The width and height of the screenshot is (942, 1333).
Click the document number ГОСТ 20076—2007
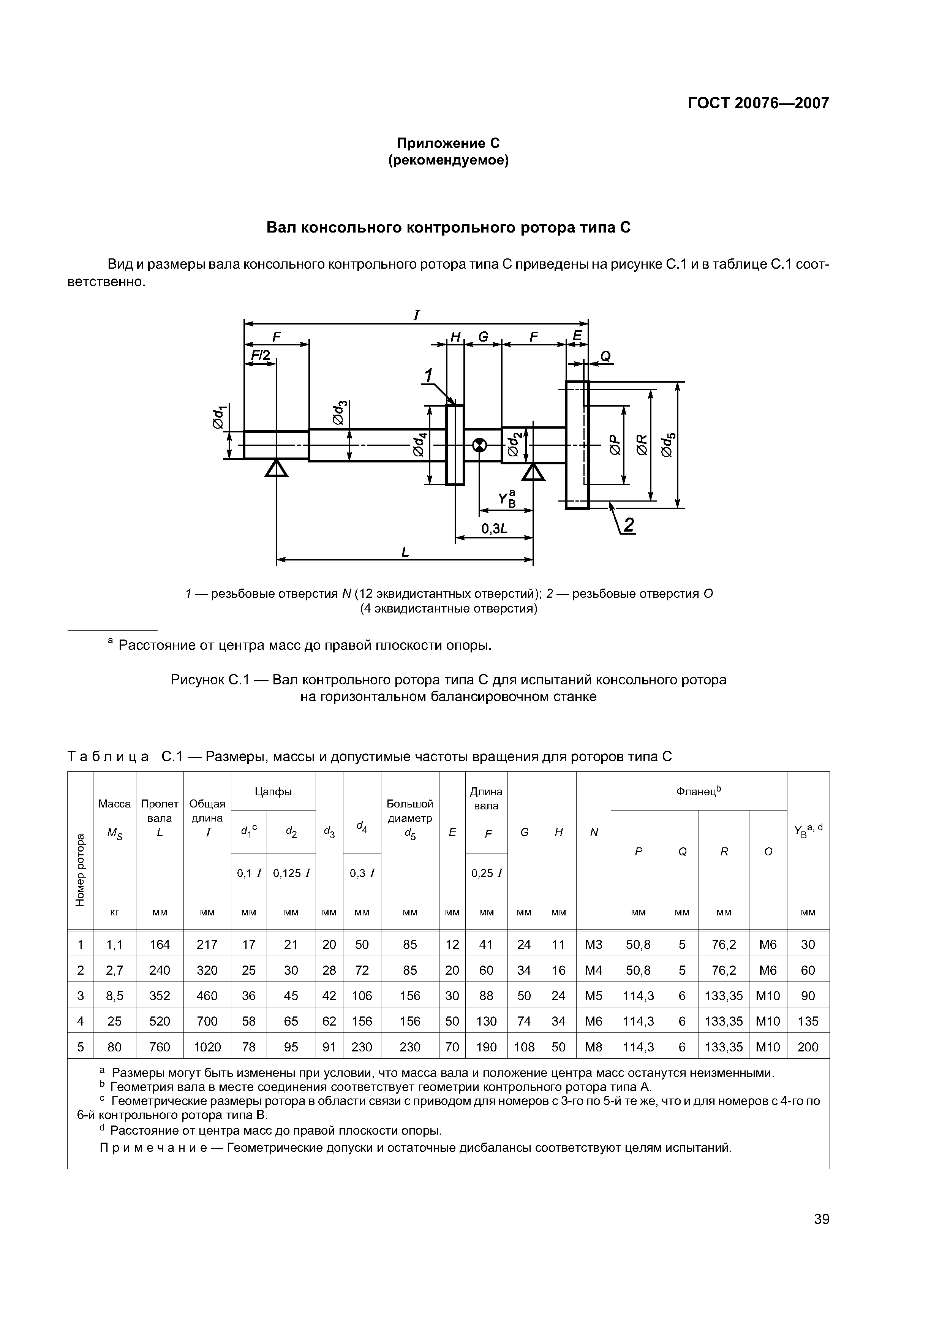click(x=758, y=103)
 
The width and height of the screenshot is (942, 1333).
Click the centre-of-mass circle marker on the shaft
click(x=479, y=445)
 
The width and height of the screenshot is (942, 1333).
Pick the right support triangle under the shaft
click(x=533, y=473)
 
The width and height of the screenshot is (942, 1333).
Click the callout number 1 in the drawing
click(x=428, y=376)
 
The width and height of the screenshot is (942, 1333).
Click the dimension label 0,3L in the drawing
click(x=495, y=528)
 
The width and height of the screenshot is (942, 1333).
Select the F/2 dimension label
click(x=261, y=355)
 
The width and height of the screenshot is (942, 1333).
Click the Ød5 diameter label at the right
click(x=668, y=445)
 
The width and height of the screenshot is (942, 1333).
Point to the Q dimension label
click(x=605, y=356)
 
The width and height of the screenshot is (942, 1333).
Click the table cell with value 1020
click(x=207, y=1047)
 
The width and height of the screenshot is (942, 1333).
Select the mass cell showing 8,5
click(x=115, y=996)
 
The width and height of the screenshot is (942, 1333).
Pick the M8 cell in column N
click(x=593, y=1047)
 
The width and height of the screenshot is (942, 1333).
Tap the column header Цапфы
click(x=273, y=791)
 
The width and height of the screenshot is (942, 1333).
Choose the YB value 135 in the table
click(x=808, y=1021)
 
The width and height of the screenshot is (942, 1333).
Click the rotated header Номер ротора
click(x=80, y=869)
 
